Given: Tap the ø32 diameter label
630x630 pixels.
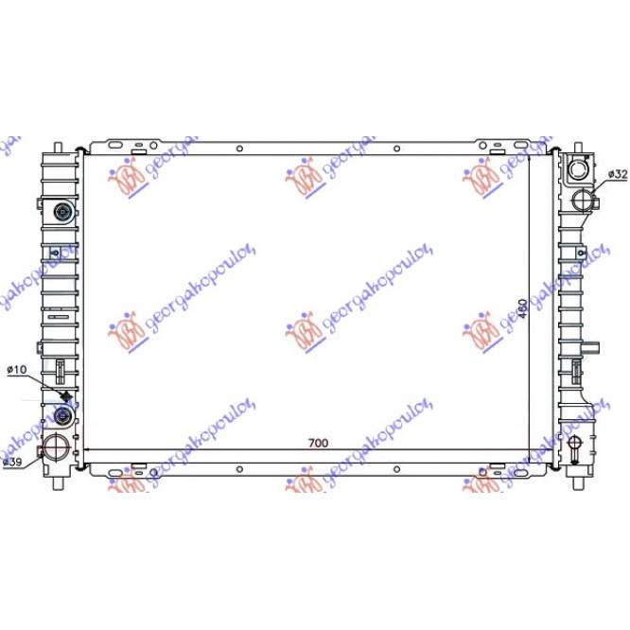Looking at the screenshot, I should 617,174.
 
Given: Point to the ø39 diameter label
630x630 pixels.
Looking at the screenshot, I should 11,462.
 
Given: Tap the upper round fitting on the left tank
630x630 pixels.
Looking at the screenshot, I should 64,212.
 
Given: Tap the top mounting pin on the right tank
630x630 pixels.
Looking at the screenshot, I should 576,148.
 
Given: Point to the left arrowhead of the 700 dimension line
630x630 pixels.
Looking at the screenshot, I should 88,450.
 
